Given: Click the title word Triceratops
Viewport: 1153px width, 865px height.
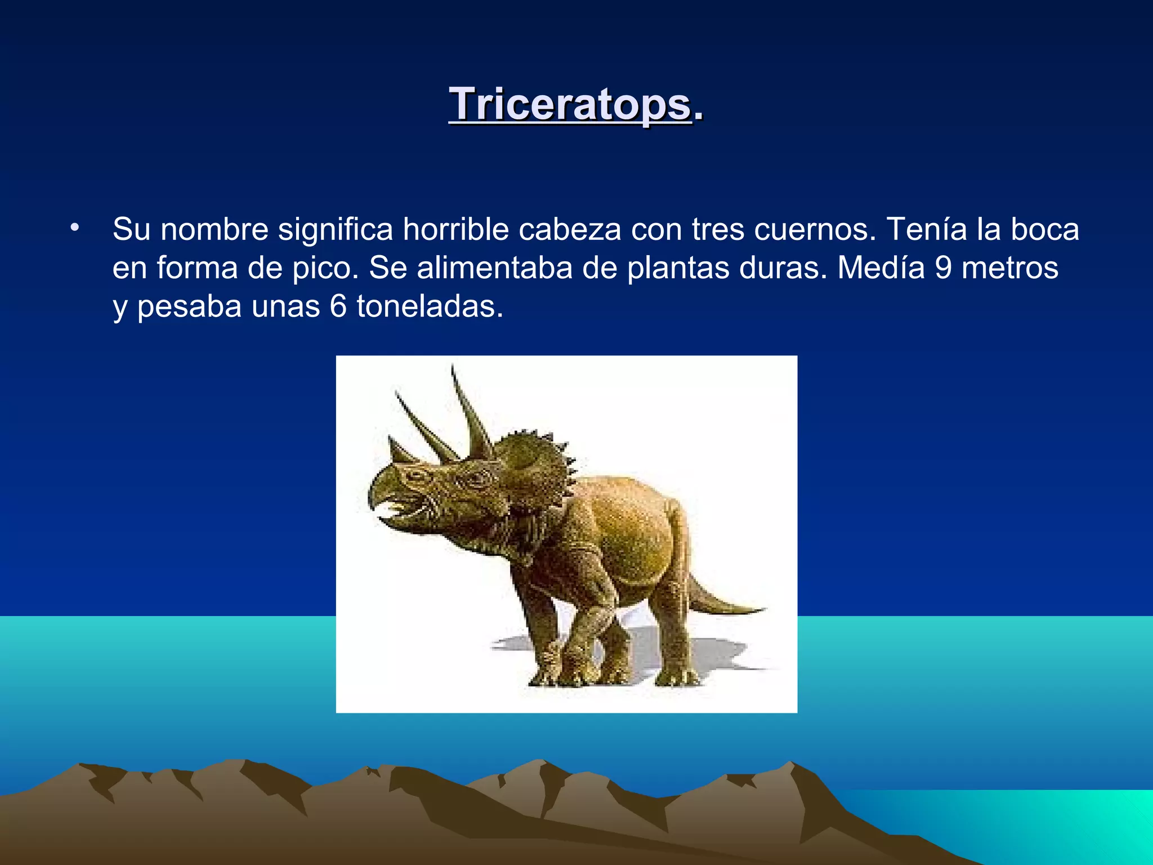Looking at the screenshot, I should click(x=570, y=105).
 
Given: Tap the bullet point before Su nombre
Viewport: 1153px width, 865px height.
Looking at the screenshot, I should click(x=75, y=228).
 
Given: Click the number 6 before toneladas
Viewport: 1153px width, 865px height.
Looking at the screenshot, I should click(x=338, y=307).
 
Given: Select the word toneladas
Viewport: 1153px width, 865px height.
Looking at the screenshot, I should click(x=430, y=307).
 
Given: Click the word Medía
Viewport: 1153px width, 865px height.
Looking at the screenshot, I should click(x=881, y=268).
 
